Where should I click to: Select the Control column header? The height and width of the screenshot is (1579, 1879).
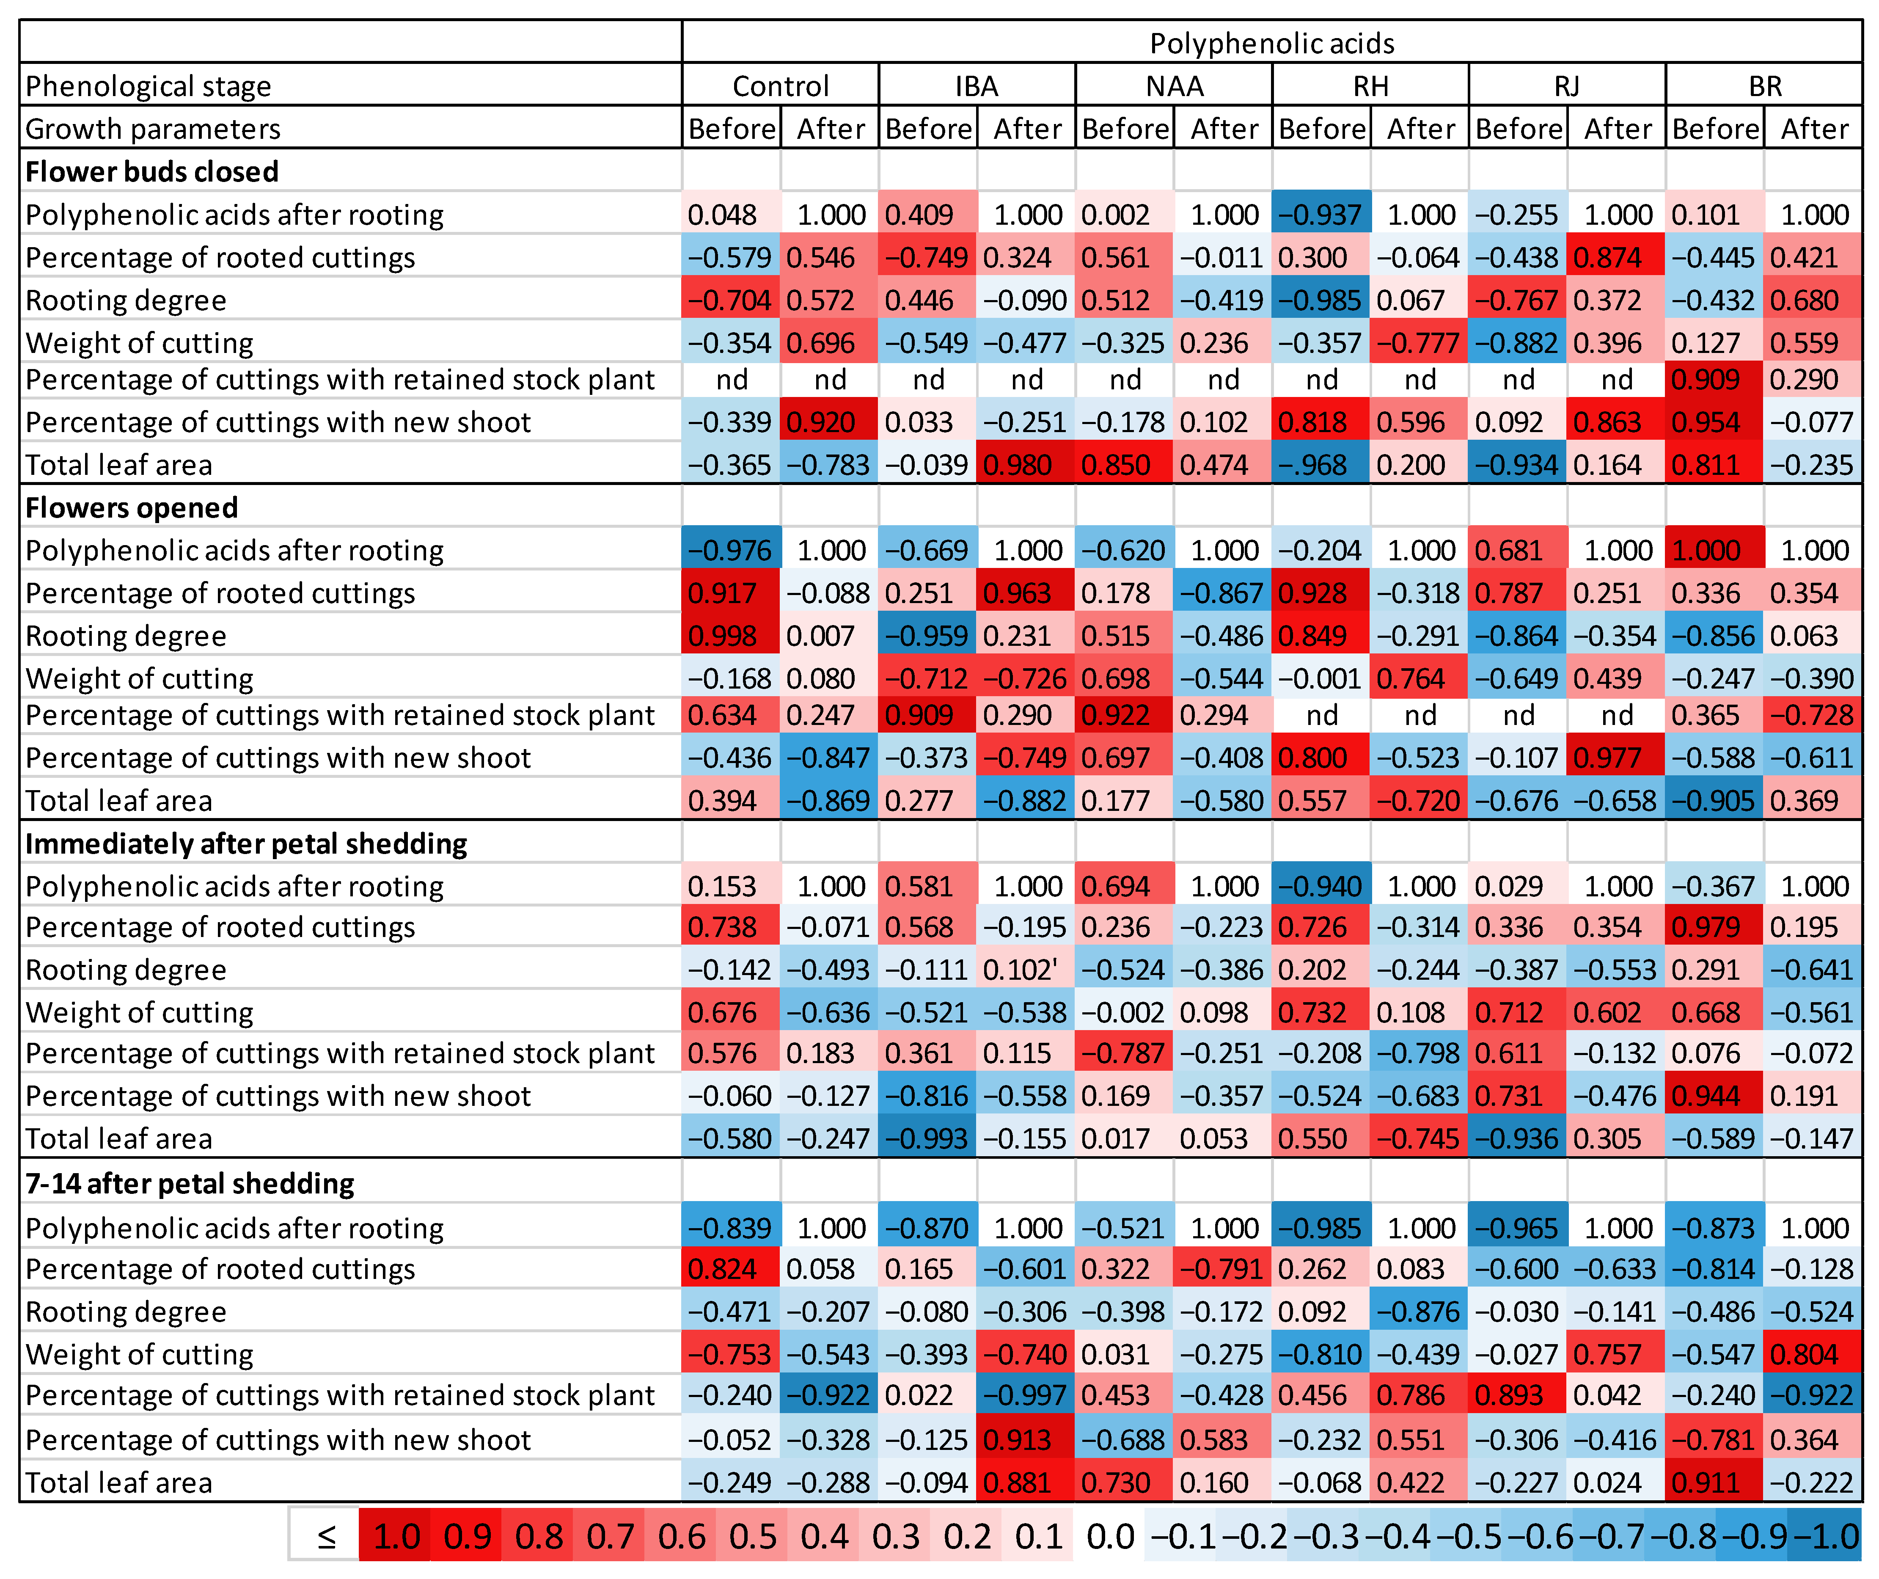click(x=780, y=86)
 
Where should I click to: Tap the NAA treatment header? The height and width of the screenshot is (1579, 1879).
click(x=1174, y=86)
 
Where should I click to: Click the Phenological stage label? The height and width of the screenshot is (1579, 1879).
click(x=149, y=86)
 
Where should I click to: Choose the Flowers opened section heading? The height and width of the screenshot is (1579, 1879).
click(x=132, y=507)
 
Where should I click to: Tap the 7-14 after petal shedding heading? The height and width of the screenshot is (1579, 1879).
click(x=190, y=1183)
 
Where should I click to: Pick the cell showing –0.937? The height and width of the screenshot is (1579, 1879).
click(x=1321, y=215)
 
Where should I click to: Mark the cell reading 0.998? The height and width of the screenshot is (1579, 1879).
click(x=731, y=636)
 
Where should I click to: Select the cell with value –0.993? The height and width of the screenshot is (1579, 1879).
click(x=927, y=1138)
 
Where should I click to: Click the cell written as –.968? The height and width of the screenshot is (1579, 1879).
click(x=1321, y=465)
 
